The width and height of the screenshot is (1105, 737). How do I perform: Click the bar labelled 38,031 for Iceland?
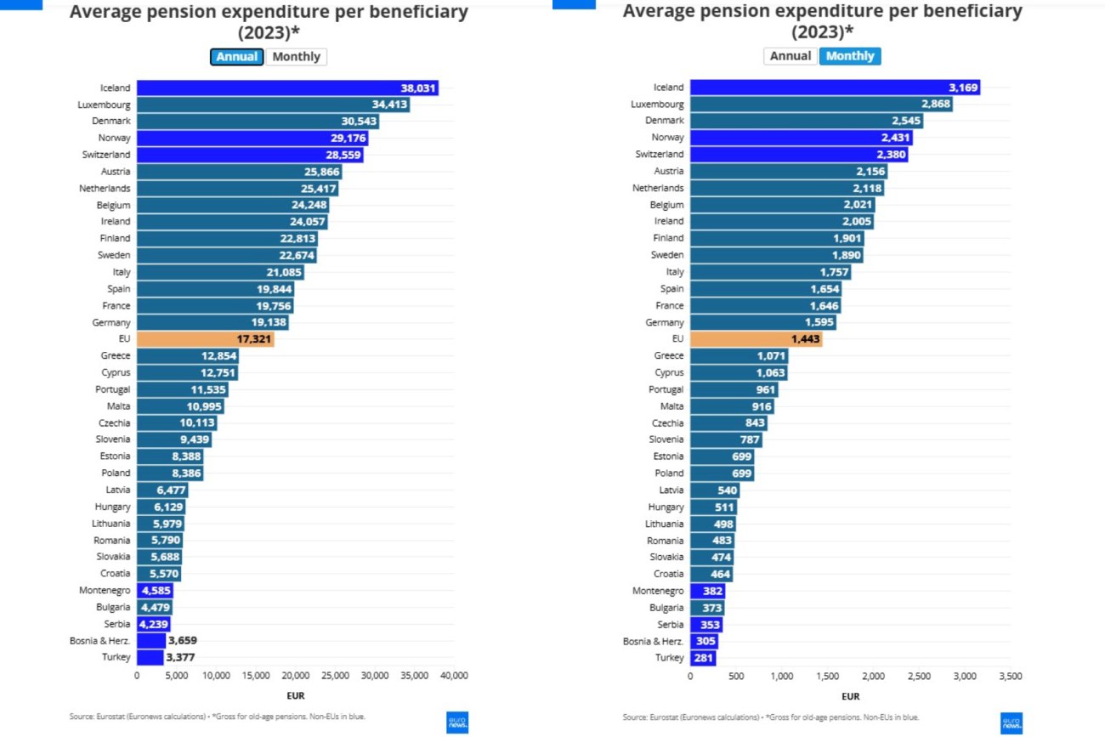point(287,88)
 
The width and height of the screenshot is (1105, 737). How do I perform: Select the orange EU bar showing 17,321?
point(205,339)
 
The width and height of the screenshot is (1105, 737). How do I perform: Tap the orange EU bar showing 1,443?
point(756,339)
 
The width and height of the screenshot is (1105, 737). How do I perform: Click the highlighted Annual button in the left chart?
point(237,57)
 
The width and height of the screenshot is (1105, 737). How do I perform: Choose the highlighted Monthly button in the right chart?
point(849,56)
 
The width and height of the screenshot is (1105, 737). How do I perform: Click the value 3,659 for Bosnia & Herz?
point(183,640)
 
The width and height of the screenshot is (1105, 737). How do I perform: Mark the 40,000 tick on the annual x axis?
point(454,676)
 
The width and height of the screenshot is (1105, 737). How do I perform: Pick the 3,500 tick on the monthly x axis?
point(1010,676)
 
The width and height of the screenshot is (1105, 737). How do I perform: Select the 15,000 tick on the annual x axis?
point(256,676)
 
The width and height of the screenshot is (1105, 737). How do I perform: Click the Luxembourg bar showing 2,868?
point(820,105)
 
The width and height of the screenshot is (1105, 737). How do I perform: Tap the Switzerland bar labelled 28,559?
point(250,155)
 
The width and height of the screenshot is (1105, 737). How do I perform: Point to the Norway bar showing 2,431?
point(801,138)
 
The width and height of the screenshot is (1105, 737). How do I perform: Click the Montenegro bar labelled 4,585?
point(154,590)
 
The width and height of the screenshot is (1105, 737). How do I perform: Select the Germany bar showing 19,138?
point(212,322)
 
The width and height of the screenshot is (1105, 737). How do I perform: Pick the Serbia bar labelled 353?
point(705,624)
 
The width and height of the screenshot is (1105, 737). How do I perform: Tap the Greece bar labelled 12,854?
point(187,355)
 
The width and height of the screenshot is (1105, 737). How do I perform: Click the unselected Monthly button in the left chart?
point(297,57)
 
